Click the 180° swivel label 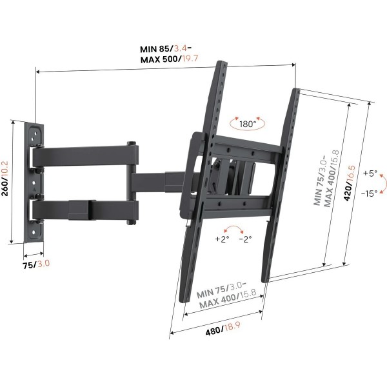(x=248, y=124)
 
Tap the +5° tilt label (x=370, y=173)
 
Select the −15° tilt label (x=369, y=193)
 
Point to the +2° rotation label (x=222, y=239)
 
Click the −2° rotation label (x=245, y=239)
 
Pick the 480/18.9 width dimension (x=223, y=328)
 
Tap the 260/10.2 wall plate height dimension (x=5, y=179)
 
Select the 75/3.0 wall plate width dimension (x=36, y=264)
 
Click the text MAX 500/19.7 (x=169, y=59)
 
